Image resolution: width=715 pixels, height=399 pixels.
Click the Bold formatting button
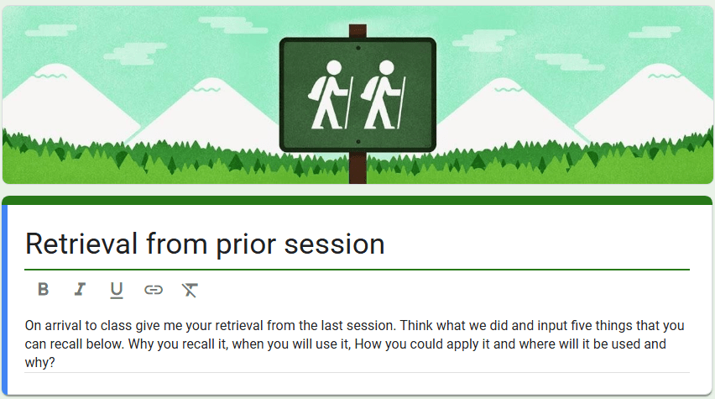click(44, 290)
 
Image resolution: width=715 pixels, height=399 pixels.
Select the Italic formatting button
click(80, 290)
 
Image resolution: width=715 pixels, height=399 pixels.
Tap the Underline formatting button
click(117, 291)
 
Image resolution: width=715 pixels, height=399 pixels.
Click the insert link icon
click(154, 290)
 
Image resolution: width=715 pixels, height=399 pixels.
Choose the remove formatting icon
click(190, 290)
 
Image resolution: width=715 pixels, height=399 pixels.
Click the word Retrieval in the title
click(81, 244)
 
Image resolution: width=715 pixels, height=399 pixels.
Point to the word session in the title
click(334, 244)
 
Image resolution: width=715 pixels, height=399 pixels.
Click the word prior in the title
click(246, 245)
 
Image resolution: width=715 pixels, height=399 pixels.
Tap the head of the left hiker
click(334, 67)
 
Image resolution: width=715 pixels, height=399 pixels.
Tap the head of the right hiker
click(386, 67)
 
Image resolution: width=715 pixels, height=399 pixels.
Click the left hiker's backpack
click(316, 87)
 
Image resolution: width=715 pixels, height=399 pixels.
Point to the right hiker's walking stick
click(401, 102)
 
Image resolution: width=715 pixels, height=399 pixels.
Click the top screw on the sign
click(358, 48)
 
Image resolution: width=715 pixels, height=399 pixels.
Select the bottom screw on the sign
click(358, 142)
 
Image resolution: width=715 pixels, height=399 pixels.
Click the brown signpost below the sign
click(358, 168)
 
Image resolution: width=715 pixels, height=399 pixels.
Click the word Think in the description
click(416, 326)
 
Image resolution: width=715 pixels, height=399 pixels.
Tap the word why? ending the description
click(39, 363)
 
